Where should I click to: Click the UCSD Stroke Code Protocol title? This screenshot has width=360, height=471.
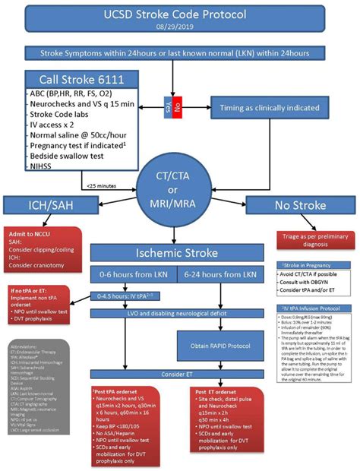(180, 14)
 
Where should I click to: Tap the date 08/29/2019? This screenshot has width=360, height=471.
(180, 27)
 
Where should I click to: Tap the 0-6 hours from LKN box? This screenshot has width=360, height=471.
(132, 273)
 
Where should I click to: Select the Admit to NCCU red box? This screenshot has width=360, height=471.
(38, 243)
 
